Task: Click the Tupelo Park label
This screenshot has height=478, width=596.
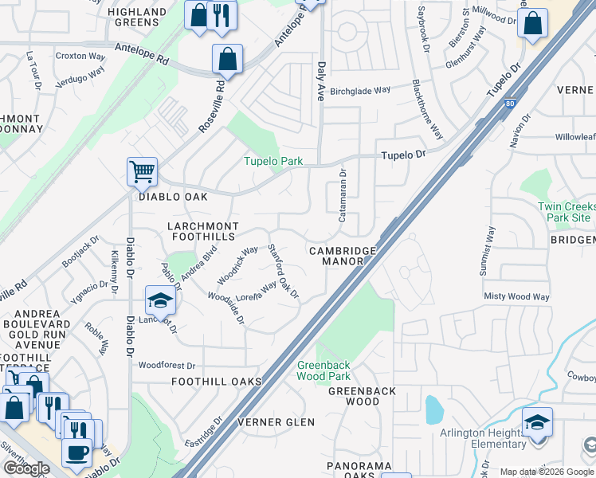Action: coord(273,161)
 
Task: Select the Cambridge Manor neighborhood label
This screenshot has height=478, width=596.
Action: coord(343,256)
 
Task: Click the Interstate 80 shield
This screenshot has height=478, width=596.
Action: coord(510,103)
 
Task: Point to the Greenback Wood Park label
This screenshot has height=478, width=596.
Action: coord(323,370)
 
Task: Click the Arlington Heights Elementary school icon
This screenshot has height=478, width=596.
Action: coord(537,421)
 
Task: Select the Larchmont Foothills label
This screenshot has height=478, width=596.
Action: coord(202,232)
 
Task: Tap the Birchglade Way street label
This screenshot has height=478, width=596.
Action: coord(360,90)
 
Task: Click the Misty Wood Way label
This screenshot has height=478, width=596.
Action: coord(516,296)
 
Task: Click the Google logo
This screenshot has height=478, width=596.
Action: coord(25,468)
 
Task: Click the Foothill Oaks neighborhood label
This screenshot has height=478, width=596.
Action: coord(217,382)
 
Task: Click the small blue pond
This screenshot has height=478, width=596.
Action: coord(434,409)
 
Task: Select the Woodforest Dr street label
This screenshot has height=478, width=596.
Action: coord(167,366)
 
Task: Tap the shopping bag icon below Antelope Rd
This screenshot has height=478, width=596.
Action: coord(227,60)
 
